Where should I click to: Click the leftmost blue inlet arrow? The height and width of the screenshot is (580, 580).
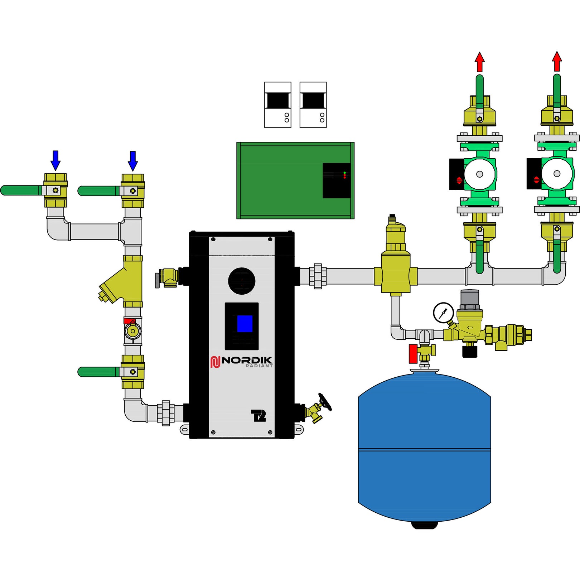point(55,160)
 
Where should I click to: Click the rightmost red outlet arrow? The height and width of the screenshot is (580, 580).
point(557,62)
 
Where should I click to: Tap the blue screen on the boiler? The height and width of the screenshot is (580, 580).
point(245,324)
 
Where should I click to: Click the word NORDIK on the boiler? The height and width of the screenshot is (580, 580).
point(247,360)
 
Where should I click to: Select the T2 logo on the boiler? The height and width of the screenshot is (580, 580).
point(258,415)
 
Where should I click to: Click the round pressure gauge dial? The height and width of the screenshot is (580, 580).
point(443,313)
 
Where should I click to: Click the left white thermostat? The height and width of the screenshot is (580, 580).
point(277,105)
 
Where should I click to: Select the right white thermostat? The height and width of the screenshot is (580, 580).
point(313,105)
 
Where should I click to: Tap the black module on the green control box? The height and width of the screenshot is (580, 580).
point(336,180)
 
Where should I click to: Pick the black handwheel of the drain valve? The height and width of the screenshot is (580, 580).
point(325,402)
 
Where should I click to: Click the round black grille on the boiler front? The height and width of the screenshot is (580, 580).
point(242,281)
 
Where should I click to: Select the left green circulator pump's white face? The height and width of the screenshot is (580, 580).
point(479,174)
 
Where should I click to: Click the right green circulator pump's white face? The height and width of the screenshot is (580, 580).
point(556,174)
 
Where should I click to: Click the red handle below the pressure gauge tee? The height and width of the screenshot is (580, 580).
point(413,354)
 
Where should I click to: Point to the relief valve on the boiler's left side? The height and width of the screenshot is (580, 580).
point(168,277)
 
